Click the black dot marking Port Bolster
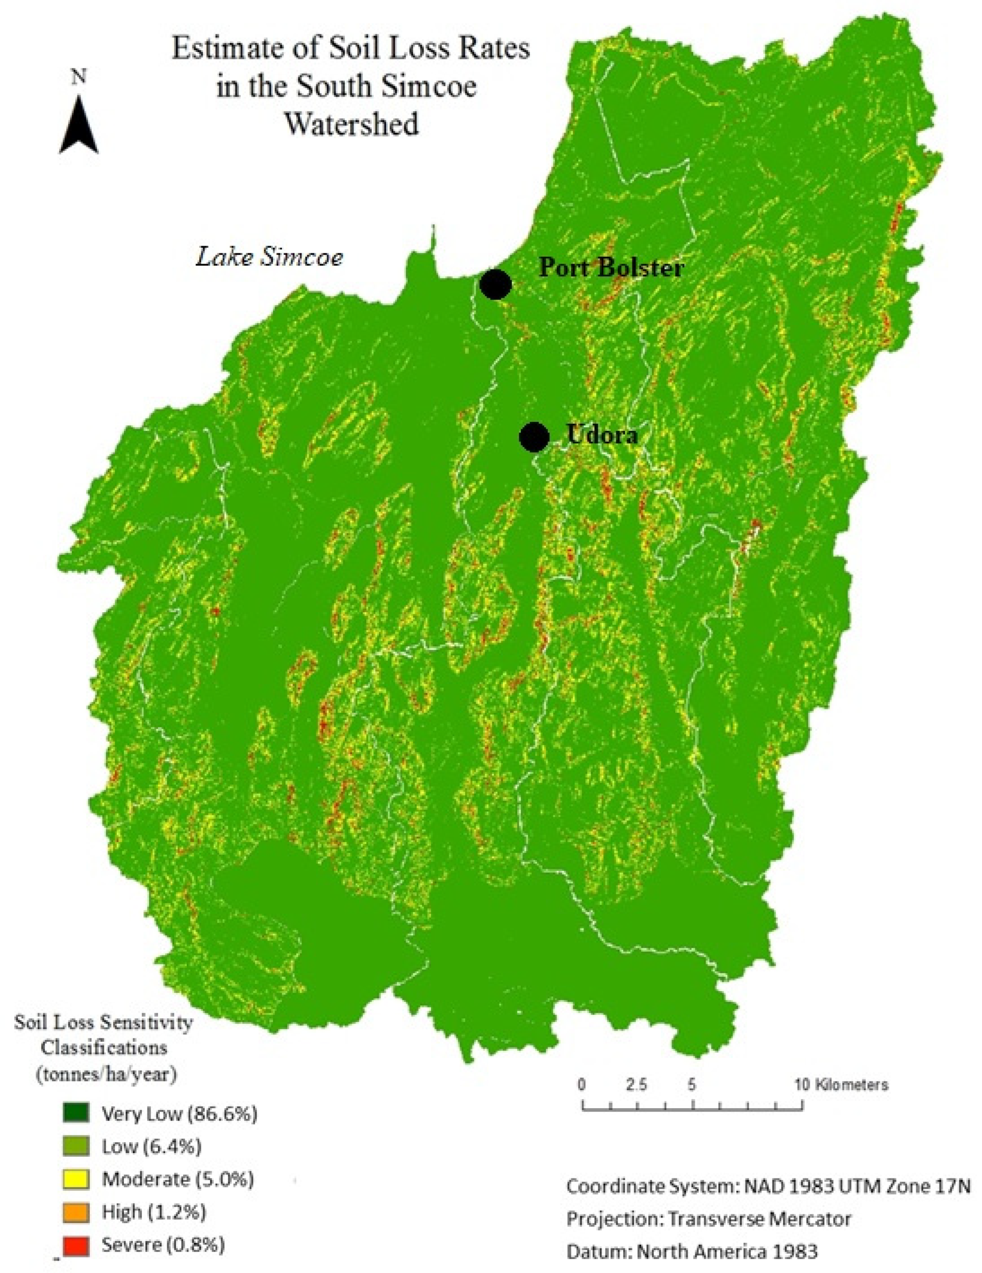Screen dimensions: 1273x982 click(x=495, y=285)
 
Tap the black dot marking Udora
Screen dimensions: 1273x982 click(x=534, y=437)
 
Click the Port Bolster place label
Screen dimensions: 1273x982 click(x=611, y=268)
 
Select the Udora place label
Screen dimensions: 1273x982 click(x=602, y=435)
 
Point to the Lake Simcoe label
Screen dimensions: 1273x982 click(x=269, y=257)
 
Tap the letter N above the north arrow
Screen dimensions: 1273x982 click(x=78, y=76)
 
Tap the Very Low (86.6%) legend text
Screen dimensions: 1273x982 click(x=179, y=1113)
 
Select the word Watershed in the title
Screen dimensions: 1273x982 click(x=351, y=125)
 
